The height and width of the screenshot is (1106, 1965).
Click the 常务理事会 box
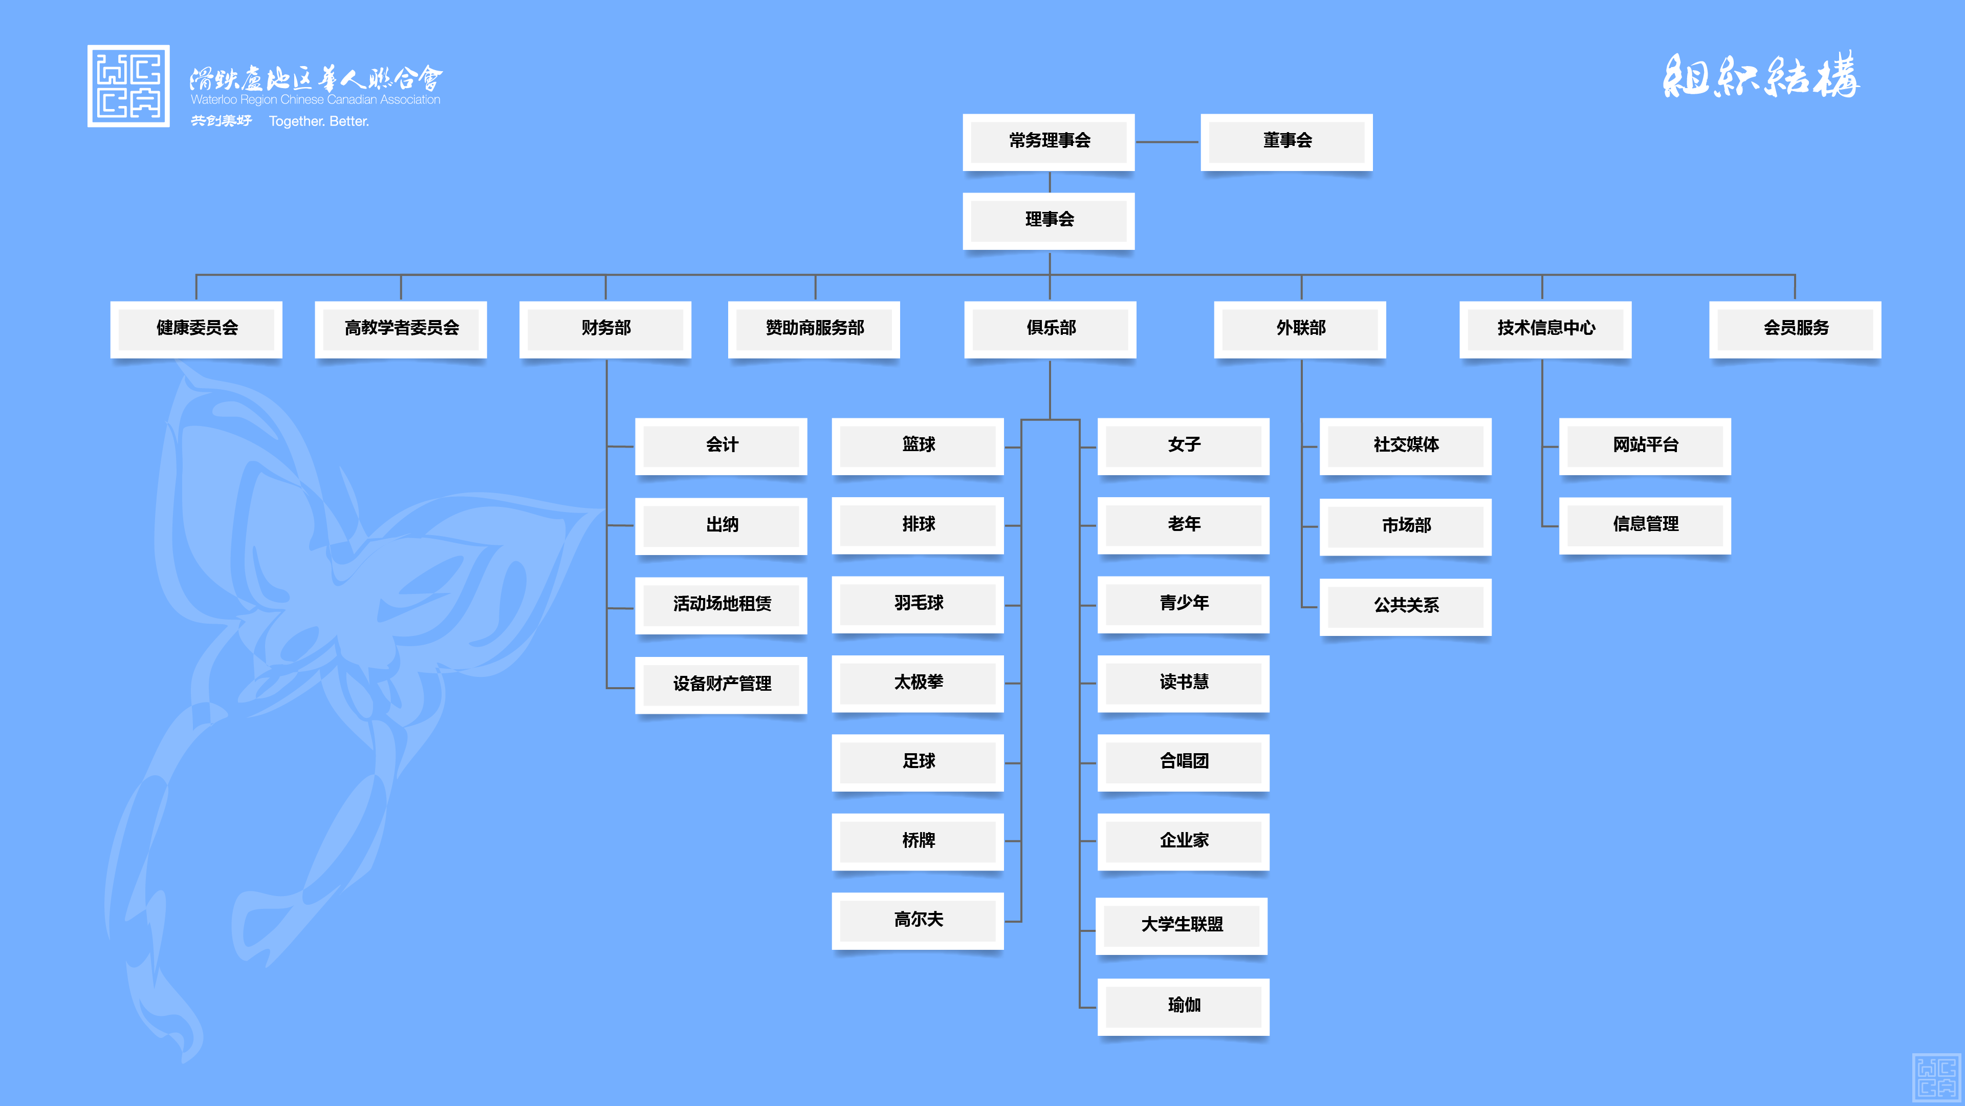(1049, 141)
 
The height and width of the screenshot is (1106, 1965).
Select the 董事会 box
(1287, 141)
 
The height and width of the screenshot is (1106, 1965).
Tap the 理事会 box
(1049, 220)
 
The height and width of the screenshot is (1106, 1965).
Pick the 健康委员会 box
(197, 328)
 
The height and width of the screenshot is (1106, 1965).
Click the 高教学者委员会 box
(401, 328)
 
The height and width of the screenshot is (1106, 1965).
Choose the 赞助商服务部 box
(814, 328)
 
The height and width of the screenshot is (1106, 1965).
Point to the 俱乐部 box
(1051, 328)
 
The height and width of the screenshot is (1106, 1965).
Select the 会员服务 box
(1796, 328)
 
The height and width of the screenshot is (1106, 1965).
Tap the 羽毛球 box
(919, 604)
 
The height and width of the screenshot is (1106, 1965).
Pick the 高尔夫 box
(919, 920)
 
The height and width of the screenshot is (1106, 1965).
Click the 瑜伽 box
(1184, 1005)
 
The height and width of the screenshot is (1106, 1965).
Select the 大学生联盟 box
(1182, 925)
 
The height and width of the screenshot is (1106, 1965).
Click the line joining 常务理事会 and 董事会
(1167, 142)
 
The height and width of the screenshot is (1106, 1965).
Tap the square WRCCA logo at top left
(128, 86)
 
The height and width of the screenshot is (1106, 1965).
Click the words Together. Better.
(319, 121)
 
